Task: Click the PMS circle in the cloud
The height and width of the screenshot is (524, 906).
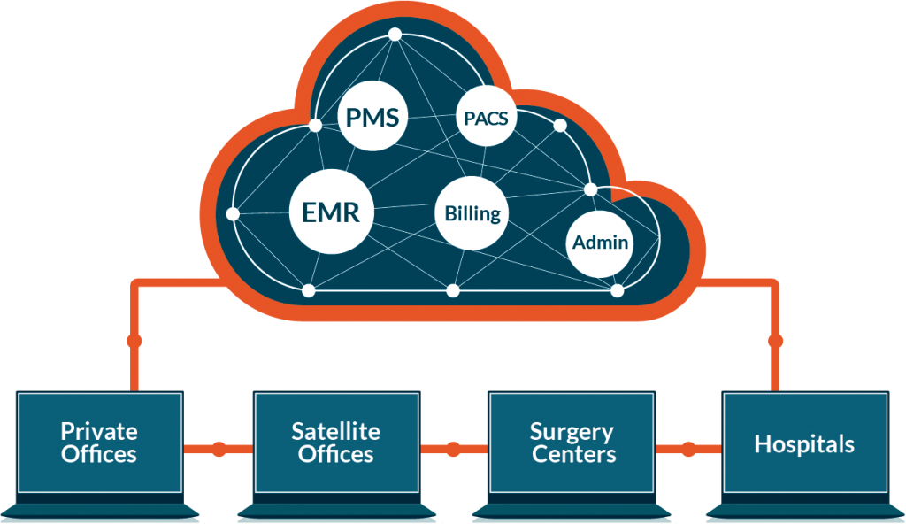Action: click(x=373, y=118)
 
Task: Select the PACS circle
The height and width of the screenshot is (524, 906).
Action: click(x=487, y=117)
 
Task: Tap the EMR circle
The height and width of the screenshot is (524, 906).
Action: click(x=332, y=213)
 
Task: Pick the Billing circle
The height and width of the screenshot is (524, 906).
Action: click(x=472, y=213)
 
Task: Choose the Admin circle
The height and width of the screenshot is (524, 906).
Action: click(x=601, y=242)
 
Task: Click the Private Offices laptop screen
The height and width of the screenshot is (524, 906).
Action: click(x=99, y=443)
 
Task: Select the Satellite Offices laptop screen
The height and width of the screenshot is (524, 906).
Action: click(x=335, y=443)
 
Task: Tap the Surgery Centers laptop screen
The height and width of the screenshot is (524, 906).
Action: click(x=572, y=443)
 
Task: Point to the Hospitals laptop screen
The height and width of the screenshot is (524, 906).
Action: click(x=804, y=443)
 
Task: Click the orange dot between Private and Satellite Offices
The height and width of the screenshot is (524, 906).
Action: click(x=218, y=450)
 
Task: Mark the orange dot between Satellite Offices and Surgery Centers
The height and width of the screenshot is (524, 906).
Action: click(x=454, y=450)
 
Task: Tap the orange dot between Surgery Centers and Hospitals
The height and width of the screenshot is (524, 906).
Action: click(x=689, y=450)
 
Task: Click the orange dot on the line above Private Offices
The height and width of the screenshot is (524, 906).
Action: click(x=134, y=341)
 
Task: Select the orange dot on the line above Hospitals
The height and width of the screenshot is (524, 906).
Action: click(x=776, y=341)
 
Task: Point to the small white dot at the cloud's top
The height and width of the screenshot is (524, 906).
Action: click(x=395, y=35)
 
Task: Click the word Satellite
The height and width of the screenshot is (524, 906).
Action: click(x=335, y=432)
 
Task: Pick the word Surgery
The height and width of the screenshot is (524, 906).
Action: click(x=572, y=432)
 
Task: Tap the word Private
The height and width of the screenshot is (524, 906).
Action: click(x=99, y=432)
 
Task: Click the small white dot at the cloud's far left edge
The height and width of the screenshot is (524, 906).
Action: click(x=233, y=214)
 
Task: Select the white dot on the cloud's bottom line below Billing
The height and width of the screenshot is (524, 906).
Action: click(x=453, y=290)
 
